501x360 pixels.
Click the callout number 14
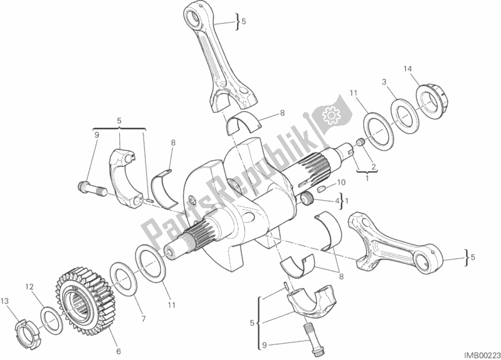click(408, 69)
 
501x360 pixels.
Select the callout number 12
click(29, 287)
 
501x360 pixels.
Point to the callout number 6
click(119, 351)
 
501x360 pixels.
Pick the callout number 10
click(341, 183)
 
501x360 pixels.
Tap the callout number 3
click(384, 82)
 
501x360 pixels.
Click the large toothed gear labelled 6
click(85, 301)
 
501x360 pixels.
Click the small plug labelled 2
click(361, 142)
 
